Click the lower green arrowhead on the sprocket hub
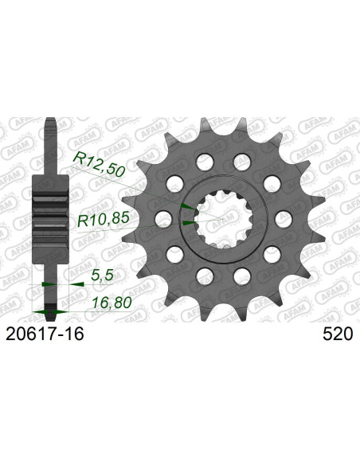(x=187, y=225)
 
